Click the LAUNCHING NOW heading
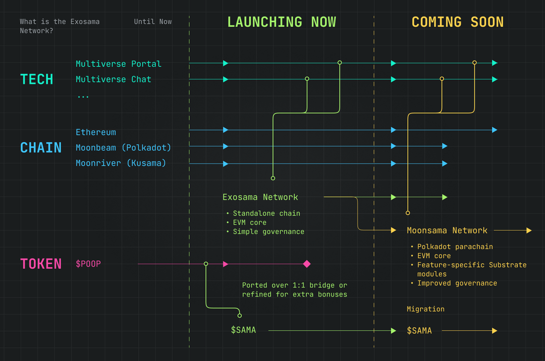pos(282,22)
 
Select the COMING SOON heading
pos(457,22)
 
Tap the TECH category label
pos(36,80)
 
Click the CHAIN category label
pos(41,148)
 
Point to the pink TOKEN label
pos(41,264)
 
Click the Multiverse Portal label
pos(119,64)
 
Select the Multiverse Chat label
pos(114,80)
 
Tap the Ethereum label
pos(96,132)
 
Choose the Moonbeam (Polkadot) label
pos(124,148)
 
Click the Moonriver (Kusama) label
pos(121,163)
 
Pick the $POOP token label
pos(88,264)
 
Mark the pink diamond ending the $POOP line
pos(307,264)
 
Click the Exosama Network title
pos(260,197)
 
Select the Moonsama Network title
pos(447,230)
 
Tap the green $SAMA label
pos(243,330)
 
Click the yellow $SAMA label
pos(419,331)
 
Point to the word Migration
pos(425,309)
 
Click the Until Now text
pos(153,22)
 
